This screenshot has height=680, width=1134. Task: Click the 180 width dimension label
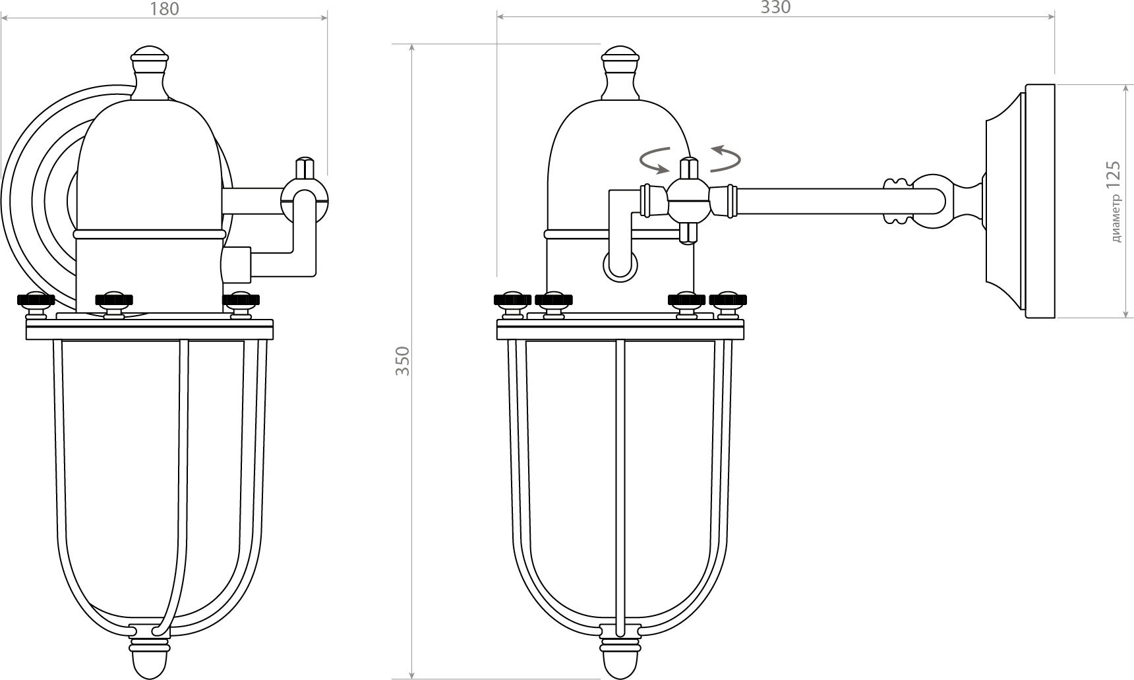click(x=164, y=9)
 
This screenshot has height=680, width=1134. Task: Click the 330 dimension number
click(x=775, y=8)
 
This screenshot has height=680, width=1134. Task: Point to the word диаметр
click(x=1116, y=219)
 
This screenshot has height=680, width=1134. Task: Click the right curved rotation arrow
click(x=725, y=158)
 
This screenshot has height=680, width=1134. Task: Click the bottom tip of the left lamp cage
click(x=150, y=675)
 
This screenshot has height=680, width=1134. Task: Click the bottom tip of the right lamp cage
click(x=620, y=675)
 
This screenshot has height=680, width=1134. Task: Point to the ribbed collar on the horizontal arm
click(x=898, y=201)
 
